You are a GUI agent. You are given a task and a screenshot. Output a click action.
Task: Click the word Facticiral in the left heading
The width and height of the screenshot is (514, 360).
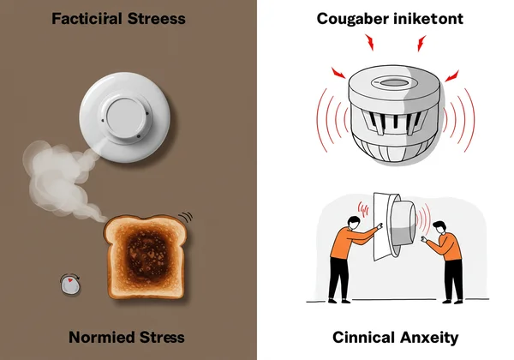87,18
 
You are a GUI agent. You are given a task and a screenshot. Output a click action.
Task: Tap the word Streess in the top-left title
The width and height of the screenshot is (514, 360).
157,18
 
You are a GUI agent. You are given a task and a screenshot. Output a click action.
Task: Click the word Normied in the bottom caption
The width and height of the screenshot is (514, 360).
102,338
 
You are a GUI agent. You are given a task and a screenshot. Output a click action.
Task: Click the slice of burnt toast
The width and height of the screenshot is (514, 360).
146,256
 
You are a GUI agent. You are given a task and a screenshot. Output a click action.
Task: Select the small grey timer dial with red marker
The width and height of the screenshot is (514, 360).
70,285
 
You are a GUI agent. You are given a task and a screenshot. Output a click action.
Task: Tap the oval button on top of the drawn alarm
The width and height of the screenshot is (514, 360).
391,81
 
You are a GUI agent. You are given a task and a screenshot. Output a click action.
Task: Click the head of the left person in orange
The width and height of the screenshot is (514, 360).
353,223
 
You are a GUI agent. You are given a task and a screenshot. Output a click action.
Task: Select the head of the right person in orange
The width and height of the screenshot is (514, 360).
439,227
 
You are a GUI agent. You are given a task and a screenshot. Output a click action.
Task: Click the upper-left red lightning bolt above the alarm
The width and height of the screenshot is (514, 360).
370,42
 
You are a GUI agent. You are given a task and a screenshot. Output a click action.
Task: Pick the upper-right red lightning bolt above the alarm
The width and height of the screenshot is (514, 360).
421,43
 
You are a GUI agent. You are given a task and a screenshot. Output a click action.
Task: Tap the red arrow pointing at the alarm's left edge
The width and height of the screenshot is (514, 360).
338,73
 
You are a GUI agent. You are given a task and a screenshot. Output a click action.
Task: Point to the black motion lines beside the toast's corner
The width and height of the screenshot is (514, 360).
186,217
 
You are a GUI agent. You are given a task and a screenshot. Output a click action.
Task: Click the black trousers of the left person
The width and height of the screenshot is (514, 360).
338,279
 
